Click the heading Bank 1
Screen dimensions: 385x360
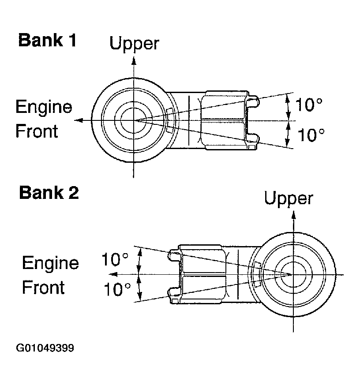[47, 41]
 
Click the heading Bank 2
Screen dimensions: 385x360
[49, 193]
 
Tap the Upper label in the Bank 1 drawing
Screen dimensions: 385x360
[134, 44]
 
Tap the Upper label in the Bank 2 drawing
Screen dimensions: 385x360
[289, 198]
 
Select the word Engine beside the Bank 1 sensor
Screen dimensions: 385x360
[44, 107]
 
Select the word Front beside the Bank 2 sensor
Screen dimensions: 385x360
[43, 288]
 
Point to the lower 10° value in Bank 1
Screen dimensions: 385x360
[311, 135]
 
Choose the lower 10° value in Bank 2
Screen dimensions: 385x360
[117, 289]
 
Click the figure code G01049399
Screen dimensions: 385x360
[45, 348]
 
